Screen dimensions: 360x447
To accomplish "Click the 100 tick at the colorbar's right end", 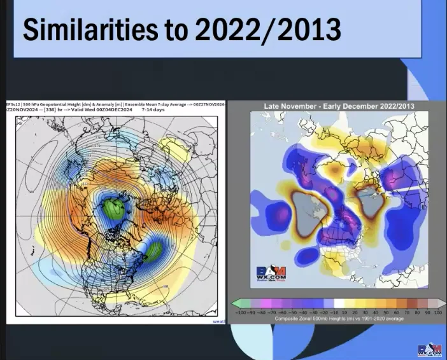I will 437,312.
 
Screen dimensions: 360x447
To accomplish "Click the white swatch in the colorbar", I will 337,303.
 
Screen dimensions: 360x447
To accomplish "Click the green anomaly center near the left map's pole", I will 115,208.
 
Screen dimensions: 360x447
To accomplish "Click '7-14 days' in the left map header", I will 153,110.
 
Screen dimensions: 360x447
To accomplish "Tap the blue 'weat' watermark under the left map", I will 219,322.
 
